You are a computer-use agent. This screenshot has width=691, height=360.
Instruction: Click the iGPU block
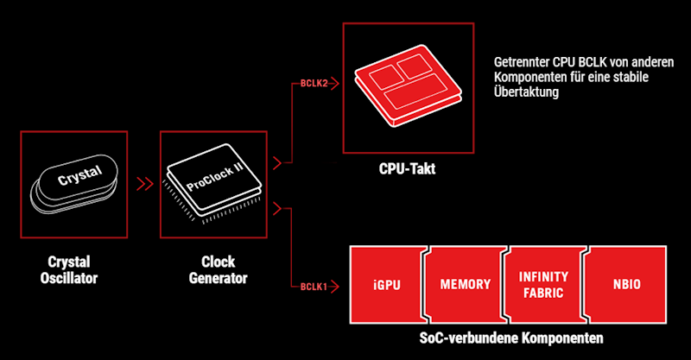386,284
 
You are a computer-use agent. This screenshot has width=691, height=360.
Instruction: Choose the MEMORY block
465,284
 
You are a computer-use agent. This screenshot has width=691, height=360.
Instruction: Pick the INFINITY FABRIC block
542,284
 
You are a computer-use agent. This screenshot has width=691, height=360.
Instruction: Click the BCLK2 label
312,84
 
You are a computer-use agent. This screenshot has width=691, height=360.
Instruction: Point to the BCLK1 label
312,287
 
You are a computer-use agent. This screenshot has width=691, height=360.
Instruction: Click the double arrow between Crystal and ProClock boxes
144,184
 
